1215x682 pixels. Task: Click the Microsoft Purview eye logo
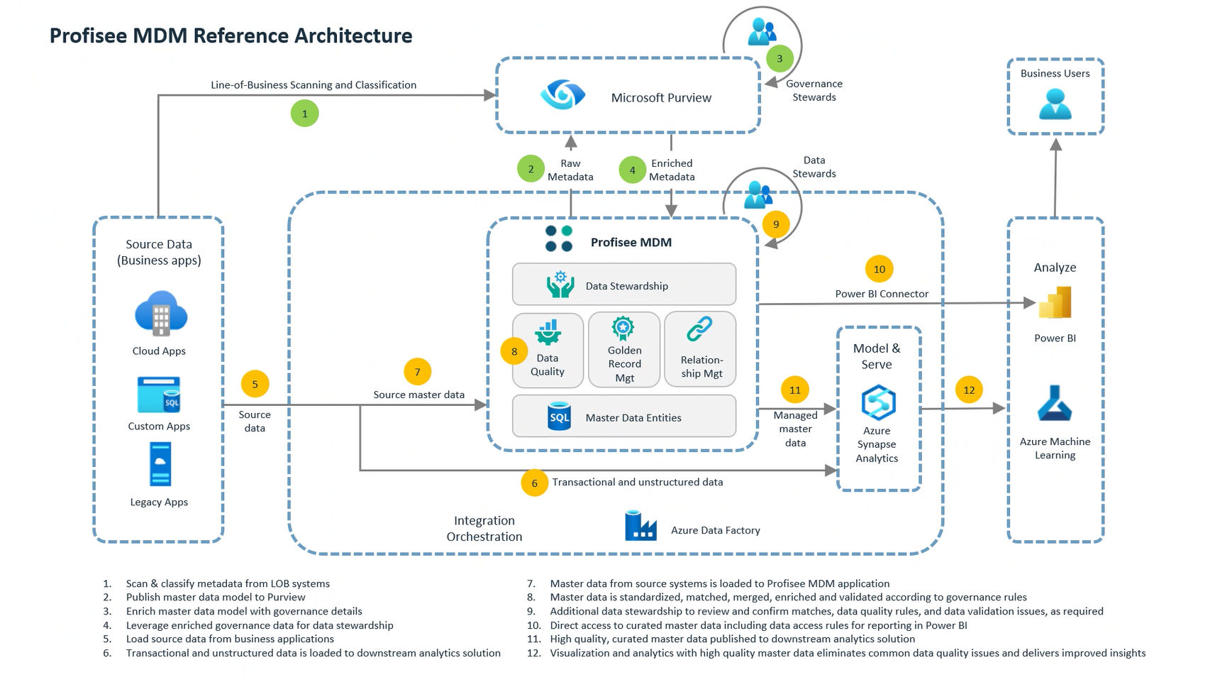point(562,95)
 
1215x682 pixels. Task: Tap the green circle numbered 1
point(305,114)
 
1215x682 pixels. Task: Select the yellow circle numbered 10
point(880,269)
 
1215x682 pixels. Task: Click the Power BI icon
point(1055,303)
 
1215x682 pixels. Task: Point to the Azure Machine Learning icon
point(1055,403)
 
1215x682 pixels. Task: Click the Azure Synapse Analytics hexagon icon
point(878,402)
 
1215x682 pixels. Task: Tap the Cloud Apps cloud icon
point(161,313)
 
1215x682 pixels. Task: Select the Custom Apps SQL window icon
point(159,395)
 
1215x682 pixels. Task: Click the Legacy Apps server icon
point(160,464)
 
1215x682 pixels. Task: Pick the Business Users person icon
point(1055,104)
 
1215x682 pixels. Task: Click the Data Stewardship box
point(624,285)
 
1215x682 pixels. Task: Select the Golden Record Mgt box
point(624,350)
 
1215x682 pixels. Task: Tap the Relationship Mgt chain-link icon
point(699,329)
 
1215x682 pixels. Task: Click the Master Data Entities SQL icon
point(559,417)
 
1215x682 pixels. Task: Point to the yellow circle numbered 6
point(534,483)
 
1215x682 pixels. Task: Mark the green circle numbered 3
point(780,59)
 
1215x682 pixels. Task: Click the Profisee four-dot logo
point(559,238)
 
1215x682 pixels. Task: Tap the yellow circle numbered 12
point(969,390)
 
